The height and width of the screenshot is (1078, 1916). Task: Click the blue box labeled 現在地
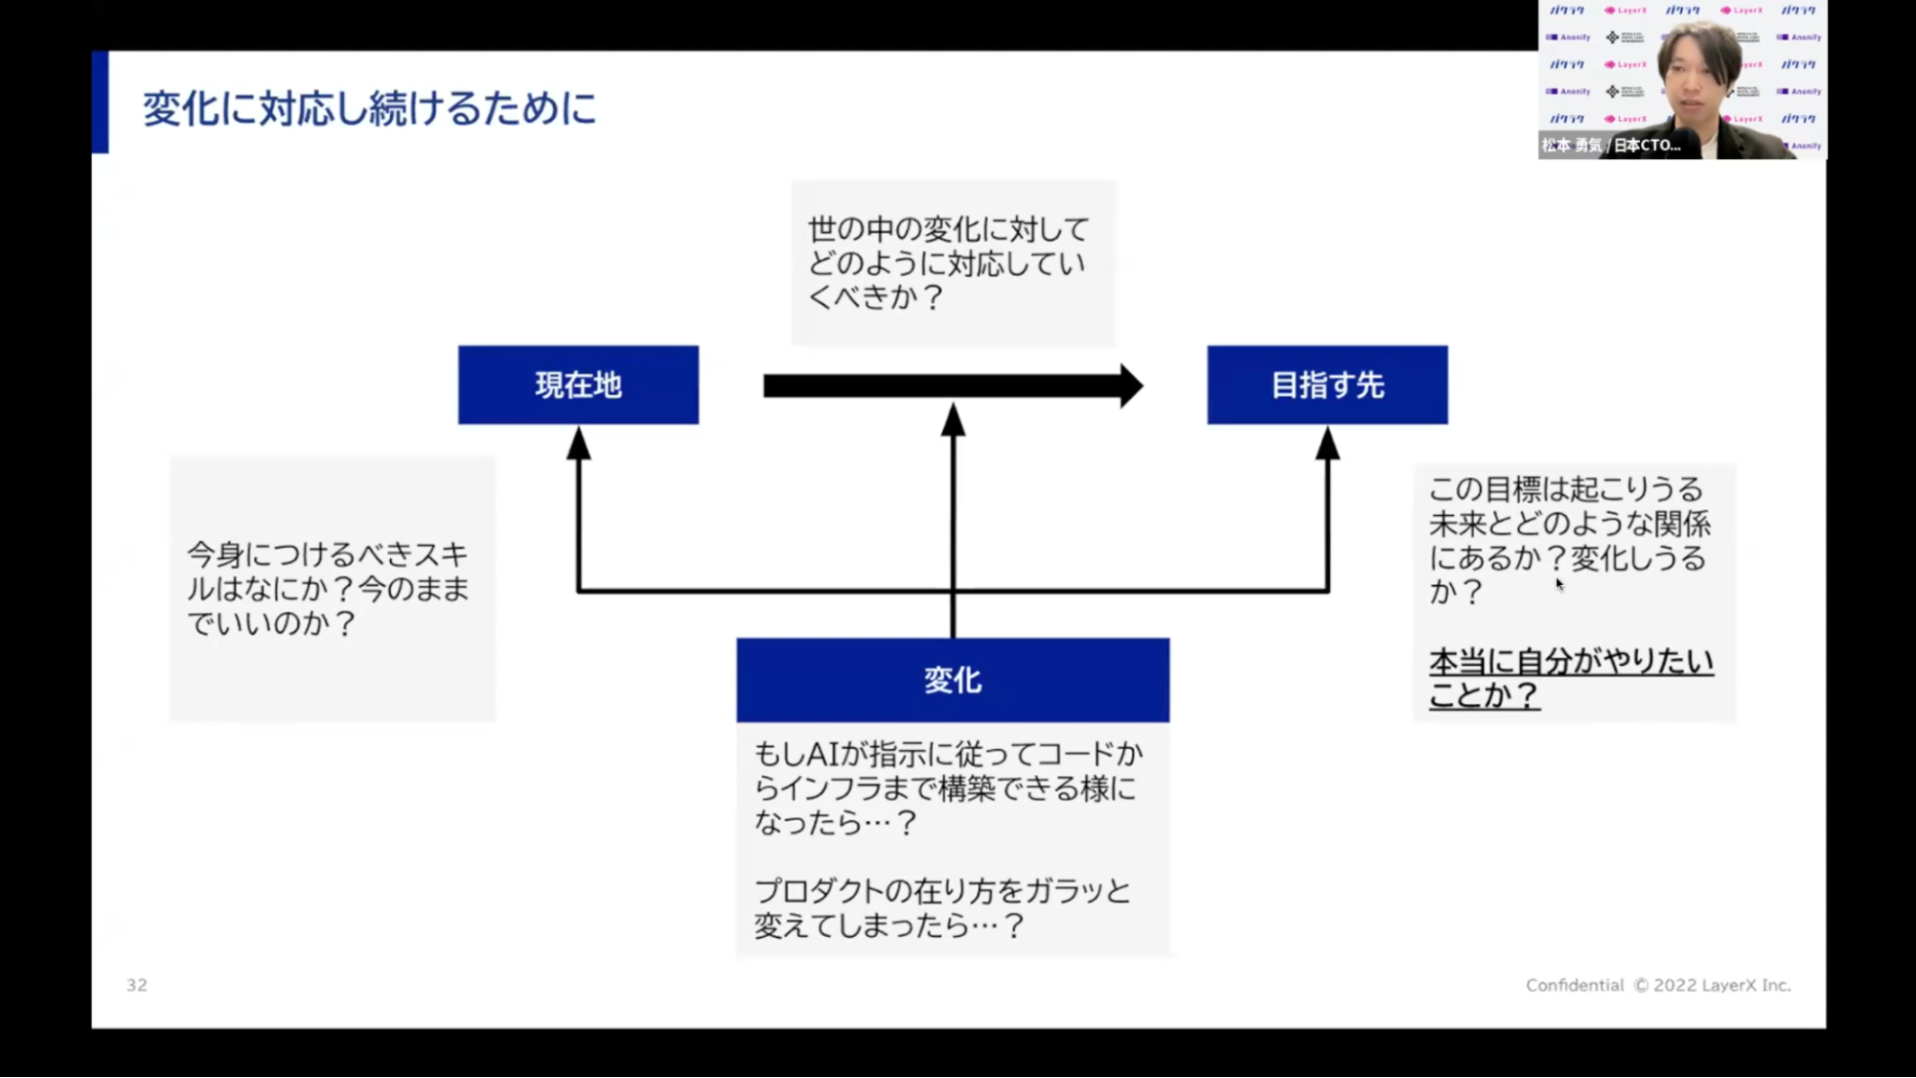pyautogui.click(x=578, y=385)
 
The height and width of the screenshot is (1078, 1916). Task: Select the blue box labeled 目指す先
pyautogui.click(x=1327, y=385)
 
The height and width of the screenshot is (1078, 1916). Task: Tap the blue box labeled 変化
pyautogui.click(x=952, y=680)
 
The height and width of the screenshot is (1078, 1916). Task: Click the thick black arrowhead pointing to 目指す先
pyautogui.click(x=1132, y=386)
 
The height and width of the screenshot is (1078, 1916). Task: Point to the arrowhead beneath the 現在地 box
pyautogui.click(x=578, y=443)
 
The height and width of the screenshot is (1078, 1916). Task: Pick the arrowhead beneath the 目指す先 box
pyautogui.click(x=1327, y=443)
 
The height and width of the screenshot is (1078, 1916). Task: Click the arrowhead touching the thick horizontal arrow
pyautogui.click(x=953, y=420)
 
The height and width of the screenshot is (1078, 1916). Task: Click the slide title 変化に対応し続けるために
pyautogui.click(x=369, y=107)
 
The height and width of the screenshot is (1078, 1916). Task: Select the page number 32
pyautogui.click(x=137, y=985)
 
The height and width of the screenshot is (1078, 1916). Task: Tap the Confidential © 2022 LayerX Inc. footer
pyautogui.click(x=1657, y=985)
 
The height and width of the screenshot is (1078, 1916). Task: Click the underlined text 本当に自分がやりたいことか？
pyautogui.click(x=1570, y=678)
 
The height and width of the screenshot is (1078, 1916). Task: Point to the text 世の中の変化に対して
pyautogui.click(x=948, y=229)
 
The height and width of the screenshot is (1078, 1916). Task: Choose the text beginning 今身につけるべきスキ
pyautogui.click(x=327, y=554)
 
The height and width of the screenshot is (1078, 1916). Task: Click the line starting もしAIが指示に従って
pyautogui.click(x=947, y=754)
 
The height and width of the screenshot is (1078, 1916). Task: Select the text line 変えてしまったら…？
pyautogui.click(x=889, y=926)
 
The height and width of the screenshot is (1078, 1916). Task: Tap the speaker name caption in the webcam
pyautogui.click(x=1611, y=146)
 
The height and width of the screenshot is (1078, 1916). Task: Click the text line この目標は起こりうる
pyautogui.click(x=1565, y=489)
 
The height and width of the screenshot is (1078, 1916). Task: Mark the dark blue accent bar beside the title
pyautogui.click(x=100, y=102)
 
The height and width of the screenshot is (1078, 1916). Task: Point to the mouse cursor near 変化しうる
pyautogui.click(x=1559, y=583)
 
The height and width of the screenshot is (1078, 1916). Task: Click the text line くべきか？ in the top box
pyautogui.click(x=875, y=297)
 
